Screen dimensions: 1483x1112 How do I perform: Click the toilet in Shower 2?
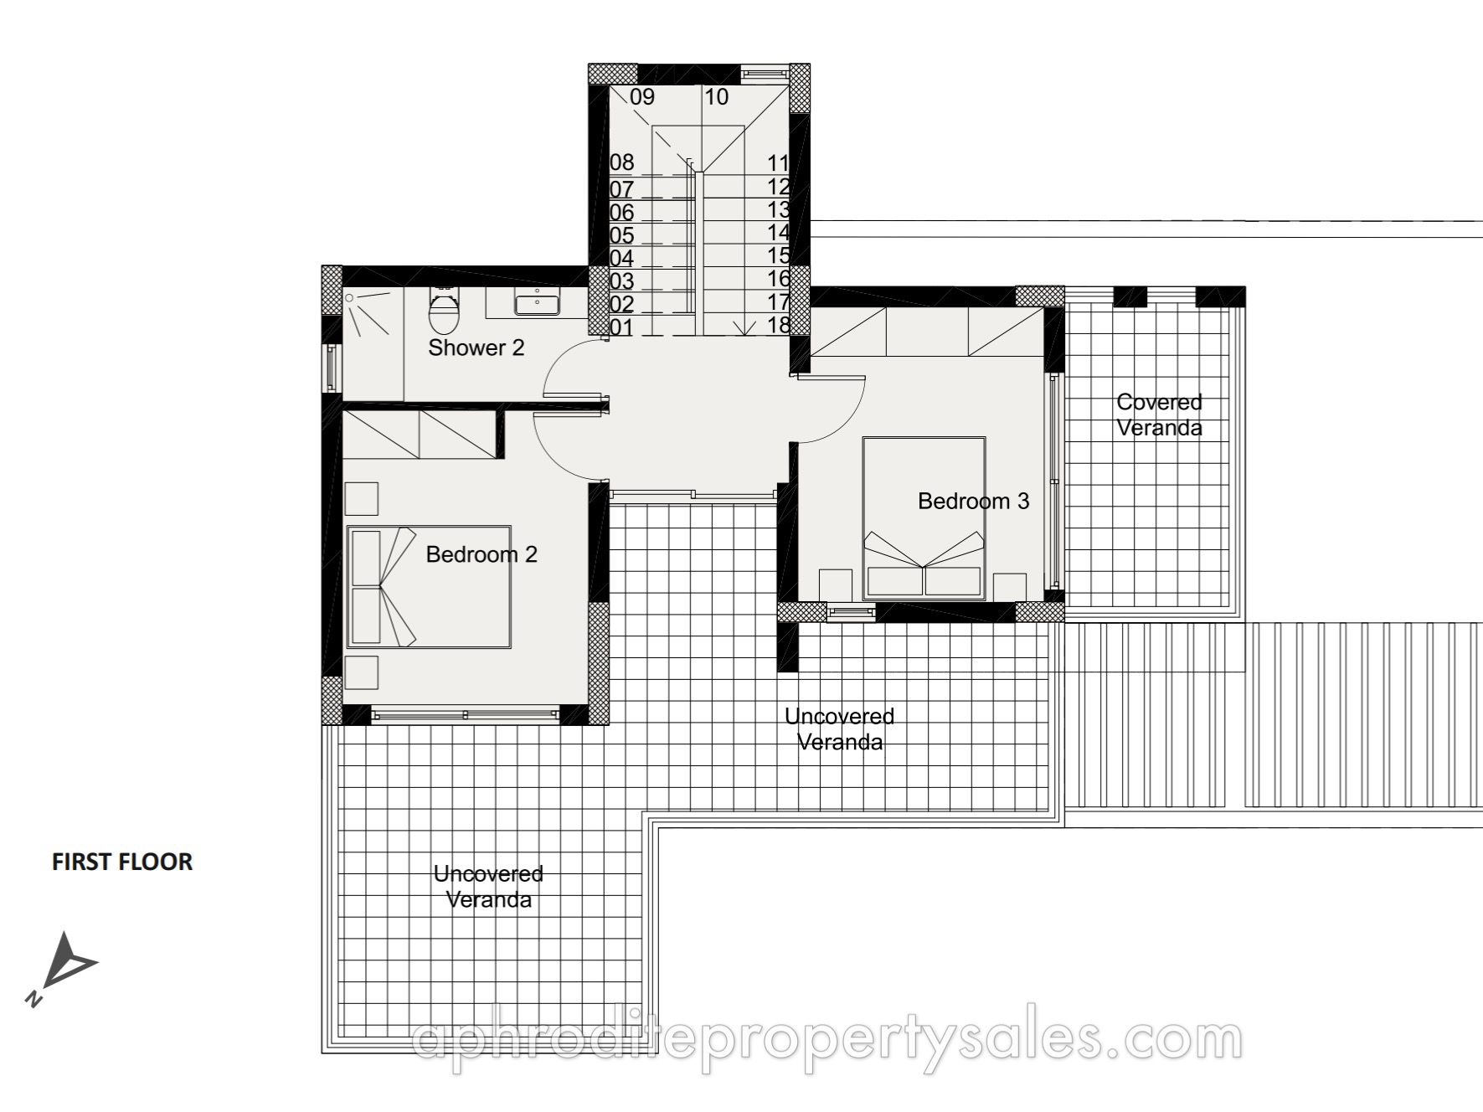coord(445,309)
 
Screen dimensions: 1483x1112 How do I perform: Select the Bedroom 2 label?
coord(481,554)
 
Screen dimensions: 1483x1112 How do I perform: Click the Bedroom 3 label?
coord(973,501)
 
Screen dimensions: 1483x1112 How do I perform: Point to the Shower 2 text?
coord(476,347)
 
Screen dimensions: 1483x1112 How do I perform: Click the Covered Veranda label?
coord(1159,415)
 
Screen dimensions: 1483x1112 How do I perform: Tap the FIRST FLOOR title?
coord(122,862)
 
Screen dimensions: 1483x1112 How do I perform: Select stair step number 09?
coord(641,97)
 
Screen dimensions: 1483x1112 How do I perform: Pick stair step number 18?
coord(779,325)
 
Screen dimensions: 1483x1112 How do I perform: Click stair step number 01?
coord(621,327)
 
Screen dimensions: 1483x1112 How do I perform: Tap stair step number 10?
coord(716,97)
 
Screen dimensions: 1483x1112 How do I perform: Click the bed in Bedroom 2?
coord(429,587)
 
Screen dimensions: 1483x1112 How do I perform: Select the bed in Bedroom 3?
coord(924,518)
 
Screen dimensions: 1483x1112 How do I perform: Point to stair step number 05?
coord(621,235)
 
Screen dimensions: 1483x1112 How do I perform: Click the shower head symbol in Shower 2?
coord(351,297)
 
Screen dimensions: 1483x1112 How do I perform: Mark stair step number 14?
coord(779,233)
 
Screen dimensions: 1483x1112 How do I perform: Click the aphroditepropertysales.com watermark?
coord(828,1041)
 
